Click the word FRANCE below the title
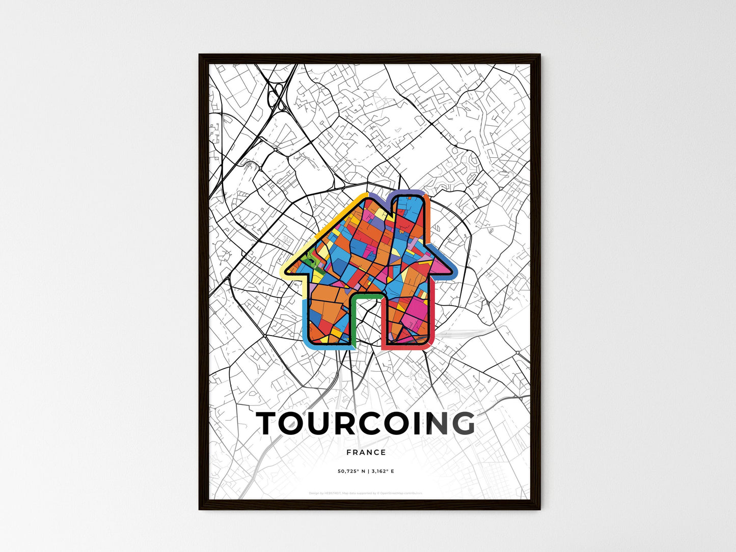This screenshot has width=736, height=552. pos(366,452)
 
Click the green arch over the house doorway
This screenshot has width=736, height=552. pos(366,295)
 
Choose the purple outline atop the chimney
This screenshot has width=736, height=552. pos(407,192)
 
